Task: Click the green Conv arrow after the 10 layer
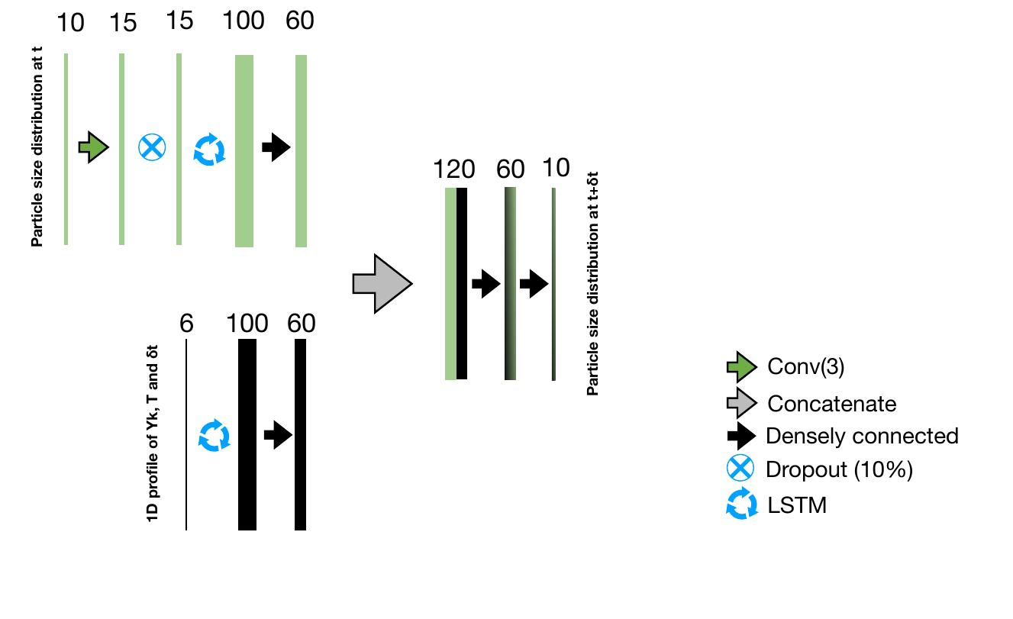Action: [94, 147]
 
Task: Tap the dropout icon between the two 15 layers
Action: [151, 147]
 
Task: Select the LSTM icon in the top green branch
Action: [208, 149]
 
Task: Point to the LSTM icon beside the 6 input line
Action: [214, 435]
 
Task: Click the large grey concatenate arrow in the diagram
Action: [382, 284]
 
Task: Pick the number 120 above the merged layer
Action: [453, 169]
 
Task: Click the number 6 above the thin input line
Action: [186, 324]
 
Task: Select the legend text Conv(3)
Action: [805, 367]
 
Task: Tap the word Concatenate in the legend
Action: [831, 403]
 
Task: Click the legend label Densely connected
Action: [862, 436]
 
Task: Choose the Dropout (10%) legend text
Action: [839, 469]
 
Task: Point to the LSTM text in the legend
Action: [797, 505]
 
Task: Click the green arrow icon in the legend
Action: [740, 368]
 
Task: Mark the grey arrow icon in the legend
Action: [740, 403]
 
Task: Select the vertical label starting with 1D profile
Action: [153, 435]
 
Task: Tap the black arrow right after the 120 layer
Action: [486, 285]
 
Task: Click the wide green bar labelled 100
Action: [244, 150]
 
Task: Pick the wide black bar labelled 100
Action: [247, 434]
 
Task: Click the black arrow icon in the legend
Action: [740, 437]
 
